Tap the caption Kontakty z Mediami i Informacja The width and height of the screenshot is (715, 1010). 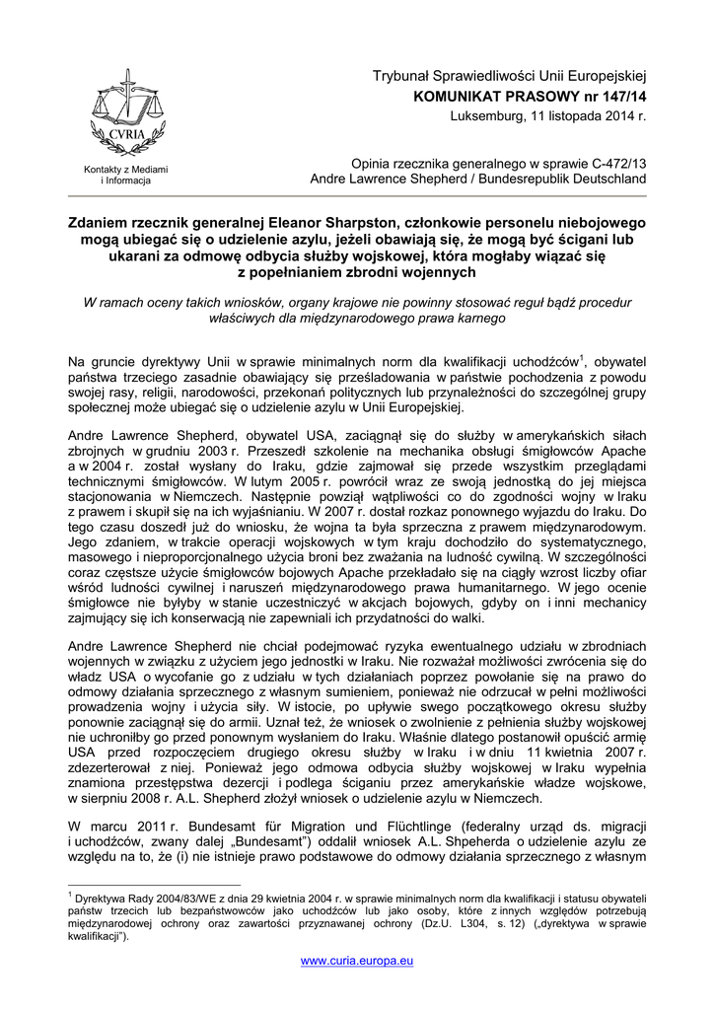(125, 176)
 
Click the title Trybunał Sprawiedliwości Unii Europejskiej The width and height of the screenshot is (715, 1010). (508, 76)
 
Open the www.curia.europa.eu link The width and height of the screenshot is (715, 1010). (357, 960)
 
